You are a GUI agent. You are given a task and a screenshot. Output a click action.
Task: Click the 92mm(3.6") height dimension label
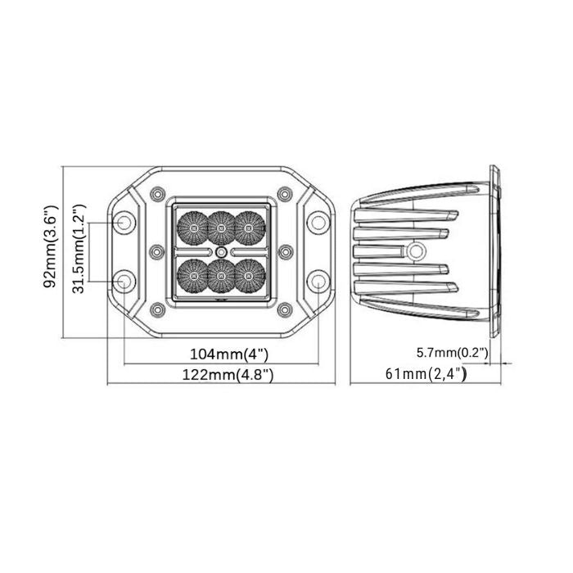pos(51,246)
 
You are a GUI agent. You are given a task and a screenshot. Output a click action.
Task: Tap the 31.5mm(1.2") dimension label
pos(79,249)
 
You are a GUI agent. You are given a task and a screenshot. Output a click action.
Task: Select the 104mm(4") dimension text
pos(229,354)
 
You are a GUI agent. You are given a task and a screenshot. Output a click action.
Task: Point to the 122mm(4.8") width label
pos(228,375)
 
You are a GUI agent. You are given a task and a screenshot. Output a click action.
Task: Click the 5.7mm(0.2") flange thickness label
pos(453,353)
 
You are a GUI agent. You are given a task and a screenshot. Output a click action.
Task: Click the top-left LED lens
pos(192,228)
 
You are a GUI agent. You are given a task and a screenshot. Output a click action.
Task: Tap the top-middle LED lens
pos(221,228)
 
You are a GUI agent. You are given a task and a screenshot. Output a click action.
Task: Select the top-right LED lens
pos(249,228)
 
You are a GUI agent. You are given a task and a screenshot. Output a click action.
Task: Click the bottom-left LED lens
pos(192,276)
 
